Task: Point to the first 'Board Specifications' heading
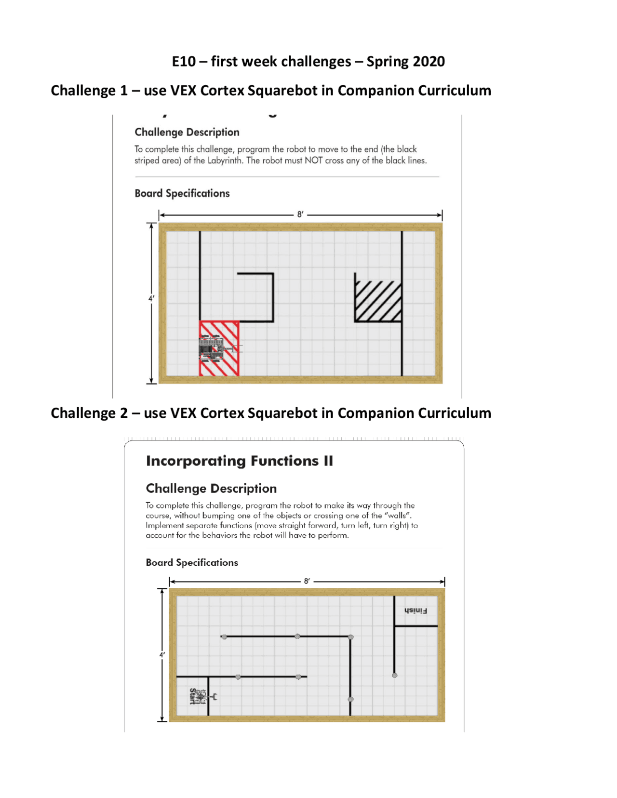[182, 193]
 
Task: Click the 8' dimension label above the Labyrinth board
[300, 214]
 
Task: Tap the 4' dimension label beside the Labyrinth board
[151, 298]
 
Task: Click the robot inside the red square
[212, 348]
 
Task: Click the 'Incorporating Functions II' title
[239, 461]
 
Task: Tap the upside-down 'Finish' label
[416, 611]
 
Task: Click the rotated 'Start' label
[193, 696]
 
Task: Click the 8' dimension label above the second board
[307, 581]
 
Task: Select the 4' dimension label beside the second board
[162, 655]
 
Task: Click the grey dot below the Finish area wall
[394, 675]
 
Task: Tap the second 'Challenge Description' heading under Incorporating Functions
[211, 489]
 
